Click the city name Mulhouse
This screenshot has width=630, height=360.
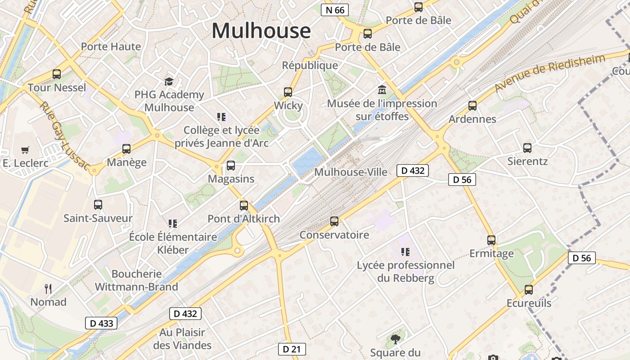click(261, 31)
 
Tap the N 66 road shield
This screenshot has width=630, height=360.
click(335, 10)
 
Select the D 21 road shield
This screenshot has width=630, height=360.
click(292, 349)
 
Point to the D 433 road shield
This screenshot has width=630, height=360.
click(101, 323)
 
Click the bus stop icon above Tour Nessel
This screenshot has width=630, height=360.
click(57, 74)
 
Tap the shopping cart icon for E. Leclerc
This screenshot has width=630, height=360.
click(25, 150)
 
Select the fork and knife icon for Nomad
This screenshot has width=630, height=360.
click(48, 288)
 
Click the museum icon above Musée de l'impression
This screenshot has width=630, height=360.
click(382, 90)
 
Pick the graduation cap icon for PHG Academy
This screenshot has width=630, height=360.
click(169, 81)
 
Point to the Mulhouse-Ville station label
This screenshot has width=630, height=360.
click(351, 172)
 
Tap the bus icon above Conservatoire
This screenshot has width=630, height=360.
click(334, 221)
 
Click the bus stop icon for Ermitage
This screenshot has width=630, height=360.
click(491, 240)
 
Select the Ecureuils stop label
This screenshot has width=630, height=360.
click(529, 303)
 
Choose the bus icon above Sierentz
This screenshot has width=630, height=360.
click(527, 148)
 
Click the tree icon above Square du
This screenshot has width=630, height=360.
click(396, 339)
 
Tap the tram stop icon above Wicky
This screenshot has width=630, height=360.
click(288, 92)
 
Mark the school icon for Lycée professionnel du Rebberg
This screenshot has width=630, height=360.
click(405, 252)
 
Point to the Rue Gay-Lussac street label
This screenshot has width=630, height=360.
click(64, 135)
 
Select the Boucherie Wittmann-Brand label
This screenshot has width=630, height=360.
click(136, 280)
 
